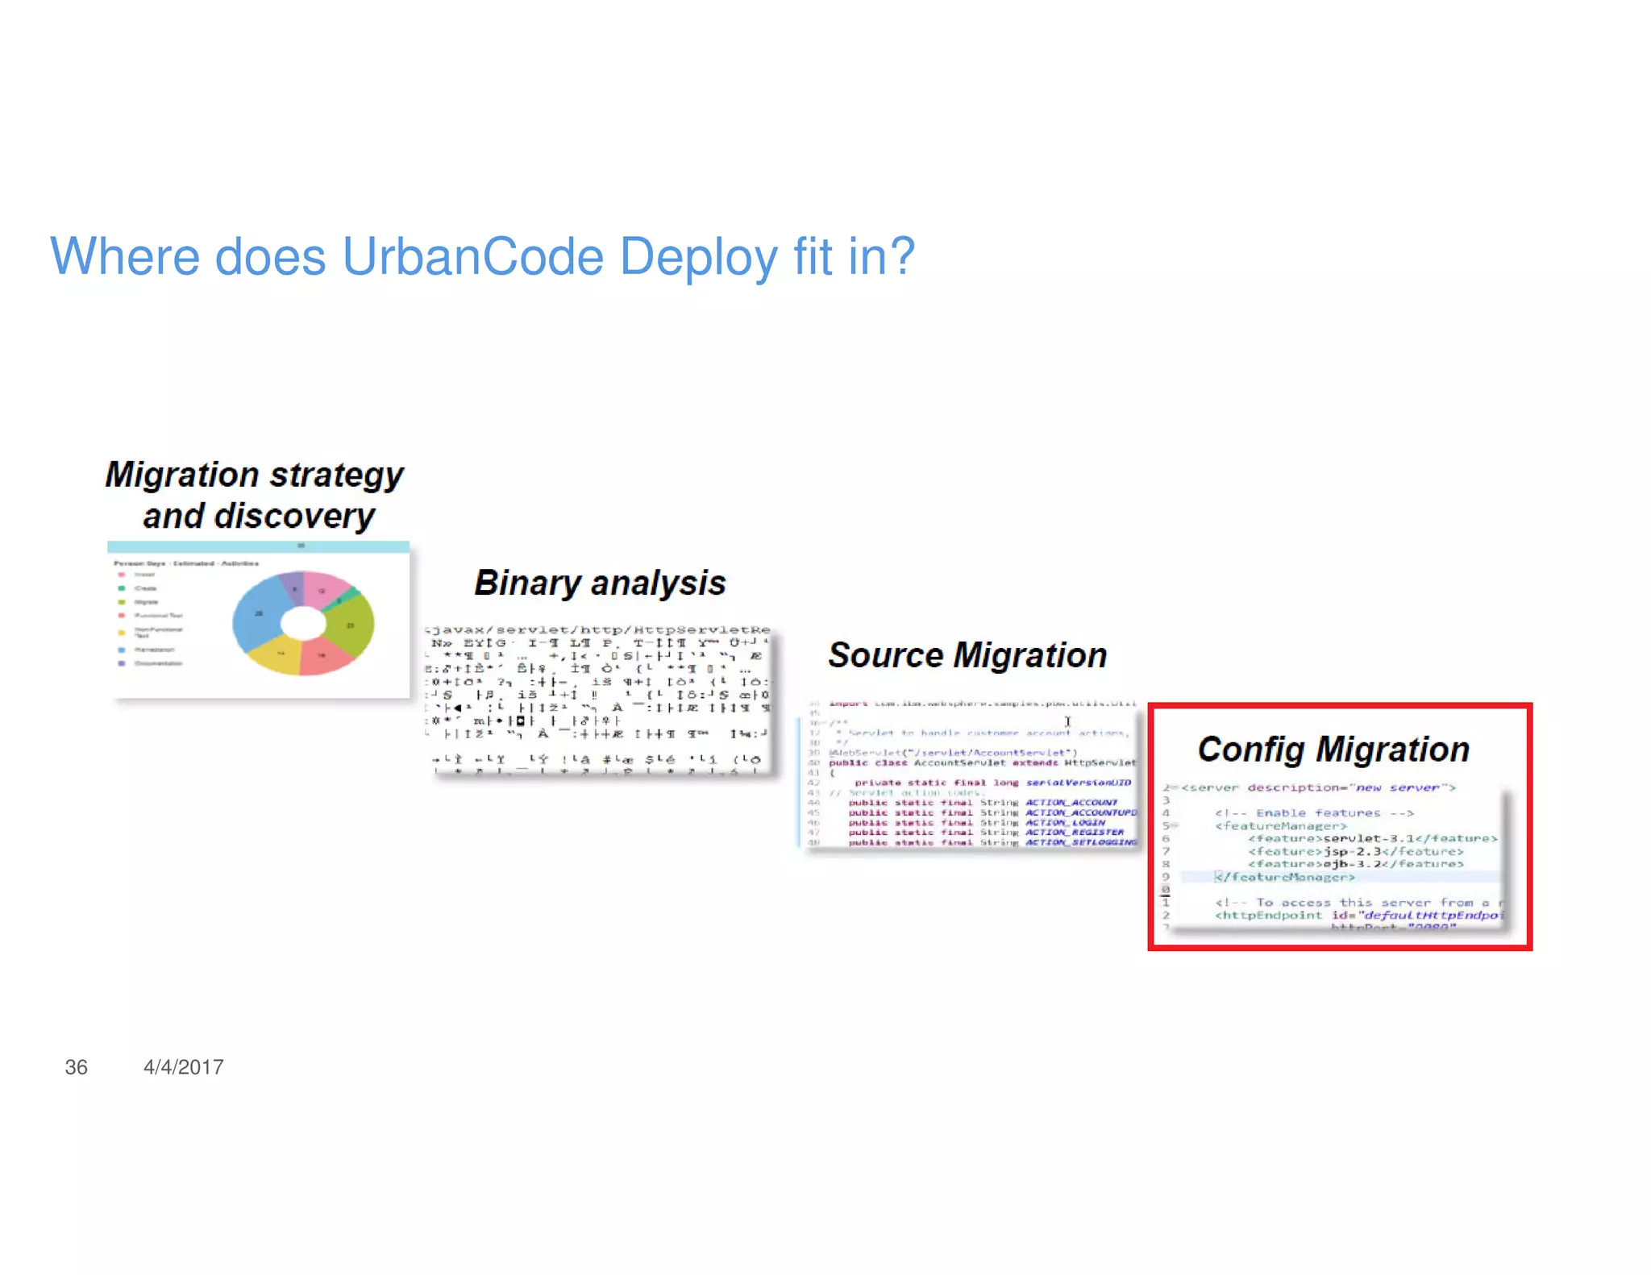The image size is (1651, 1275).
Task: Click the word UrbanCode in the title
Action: point(472,257)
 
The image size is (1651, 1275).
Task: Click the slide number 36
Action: point(76,1067)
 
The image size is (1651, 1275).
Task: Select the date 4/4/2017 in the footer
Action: point(183,1067)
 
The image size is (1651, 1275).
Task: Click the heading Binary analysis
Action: point(600,583)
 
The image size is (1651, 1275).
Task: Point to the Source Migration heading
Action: point(967,655)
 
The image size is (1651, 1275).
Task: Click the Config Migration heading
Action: point(1333,750)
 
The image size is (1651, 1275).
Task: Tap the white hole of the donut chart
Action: point(303,623)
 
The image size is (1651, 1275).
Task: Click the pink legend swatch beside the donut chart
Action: point(122,575)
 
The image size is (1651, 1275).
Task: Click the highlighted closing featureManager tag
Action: point(1287,877)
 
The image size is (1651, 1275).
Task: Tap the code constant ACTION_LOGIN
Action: point(1065,823)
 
